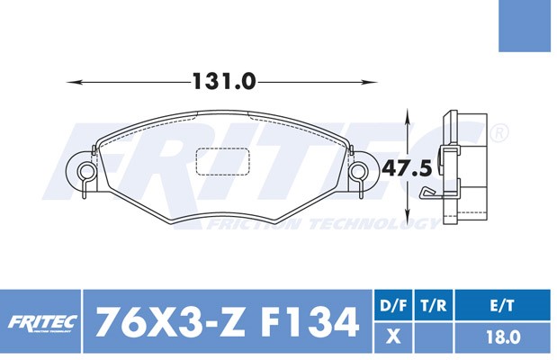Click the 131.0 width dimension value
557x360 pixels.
point(224,81)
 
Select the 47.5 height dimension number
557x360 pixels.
point(407,168)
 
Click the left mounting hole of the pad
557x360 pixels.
point(86,172)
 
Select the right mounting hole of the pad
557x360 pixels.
point(358,171)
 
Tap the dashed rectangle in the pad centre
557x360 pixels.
point(223,162)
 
